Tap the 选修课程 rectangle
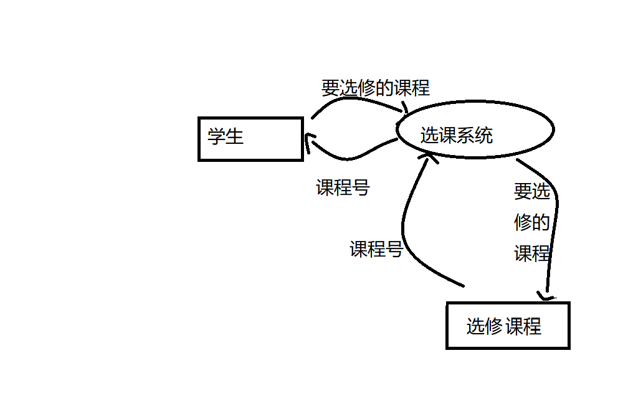(x=508, y=326)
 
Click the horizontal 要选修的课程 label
(x=375, y=88)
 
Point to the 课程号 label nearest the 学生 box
(x=343, y=187)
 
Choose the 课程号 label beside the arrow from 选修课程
(x=376, y=250)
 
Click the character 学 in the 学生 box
(x=216, y=136)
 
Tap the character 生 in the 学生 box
(x=234, y=136)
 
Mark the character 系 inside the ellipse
(x=465, y=135)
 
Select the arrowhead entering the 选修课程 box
(x=546, y=296)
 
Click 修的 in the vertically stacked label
(x=531, y=222)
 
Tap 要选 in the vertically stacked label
(x=531, y=192)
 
